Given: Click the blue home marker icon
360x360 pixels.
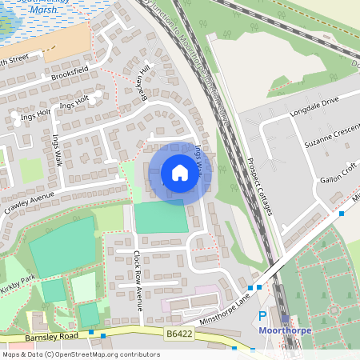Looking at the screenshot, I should coord(180,172).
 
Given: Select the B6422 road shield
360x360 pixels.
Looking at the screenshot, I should coord(179,334).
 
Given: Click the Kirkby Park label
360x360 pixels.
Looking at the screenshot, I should coord(18,286).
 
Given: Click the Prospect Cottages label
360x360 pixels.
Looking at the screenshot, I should coord(258,186).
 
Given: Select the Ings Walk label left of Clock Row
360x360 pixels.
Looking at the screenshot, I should coord(57,150).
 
